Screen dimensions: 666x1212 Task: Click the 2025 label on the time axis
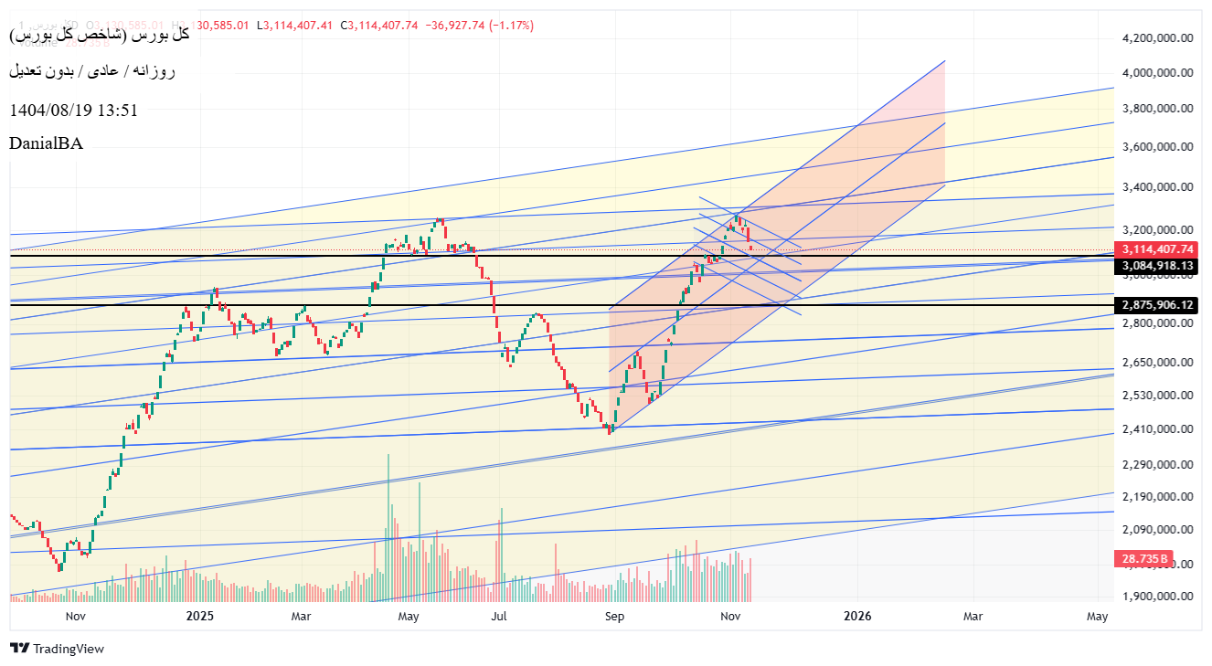(199, 616)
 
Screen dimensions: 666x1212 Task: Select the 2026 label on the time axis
(858, 616)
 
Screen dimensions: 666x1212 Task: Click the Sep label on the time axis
(614, 616)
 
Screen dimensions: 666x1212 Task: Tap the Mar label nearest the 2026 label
(973, 616)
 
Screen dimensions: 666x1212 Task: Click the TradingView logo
(57, 649)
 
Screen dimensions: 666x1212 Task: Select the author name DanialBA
(46, 143)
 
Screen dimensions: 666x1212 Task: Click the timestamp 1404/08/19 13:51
(73, 110)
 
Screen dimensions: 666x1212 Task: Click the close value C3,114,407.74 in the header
(379, 25)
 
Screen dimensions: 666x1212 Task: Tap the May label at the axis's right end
(1097, 616)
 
